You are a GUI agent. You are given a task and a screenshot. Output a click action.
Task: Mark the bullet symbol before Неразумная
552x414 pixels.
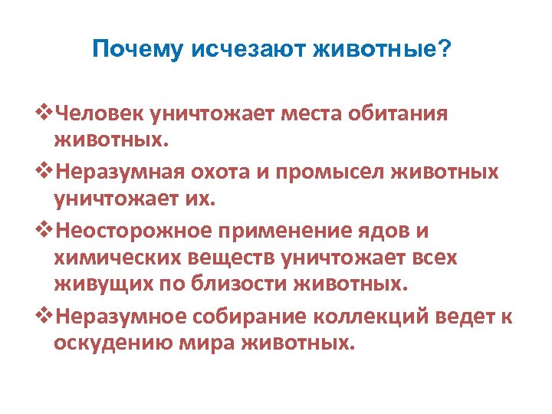point(44,171)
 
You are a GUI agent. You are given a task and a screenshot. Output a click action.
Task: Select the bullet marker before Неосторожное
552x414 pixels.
point(44,228)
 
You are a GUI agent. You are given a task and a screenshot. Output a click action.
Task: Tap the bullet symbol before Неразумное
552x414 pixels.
point(44,314)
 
